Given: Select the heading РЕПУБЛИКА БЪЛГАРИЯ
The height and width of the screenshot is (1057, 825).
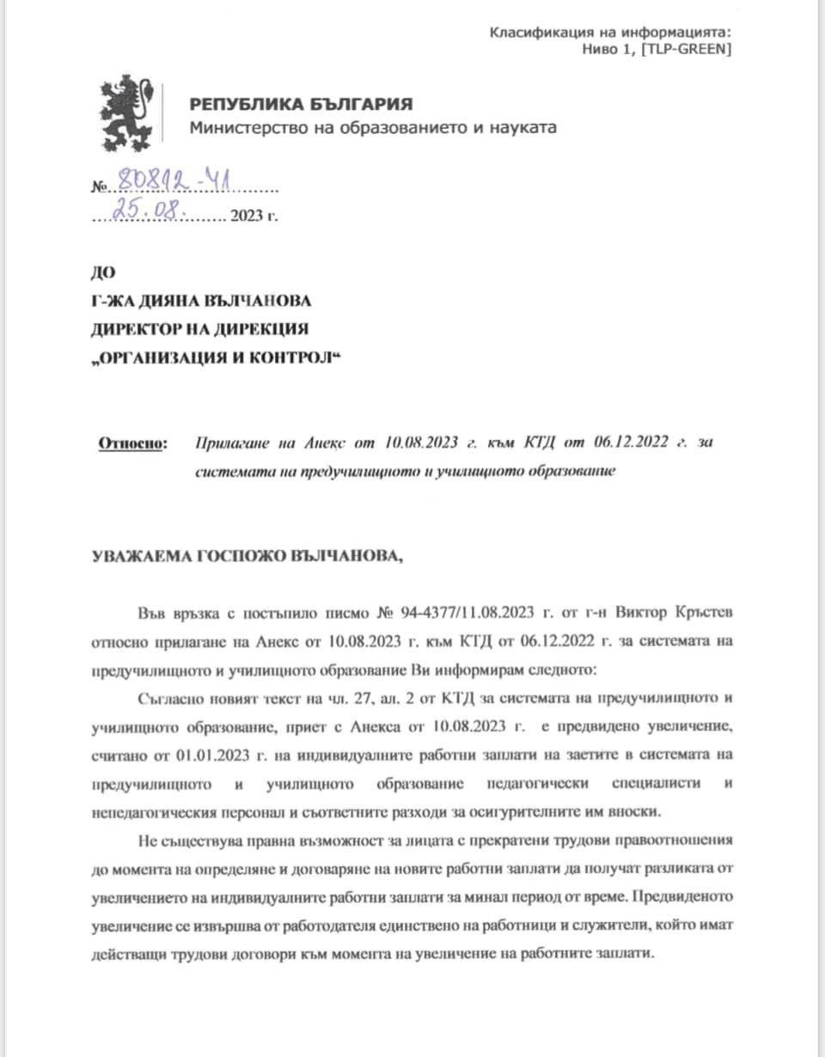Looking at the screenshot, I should click(x=301, y=105).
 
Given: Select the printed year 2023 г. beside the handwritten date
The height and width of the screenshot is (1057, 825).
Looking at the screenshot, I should click(x=254, y=216).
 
